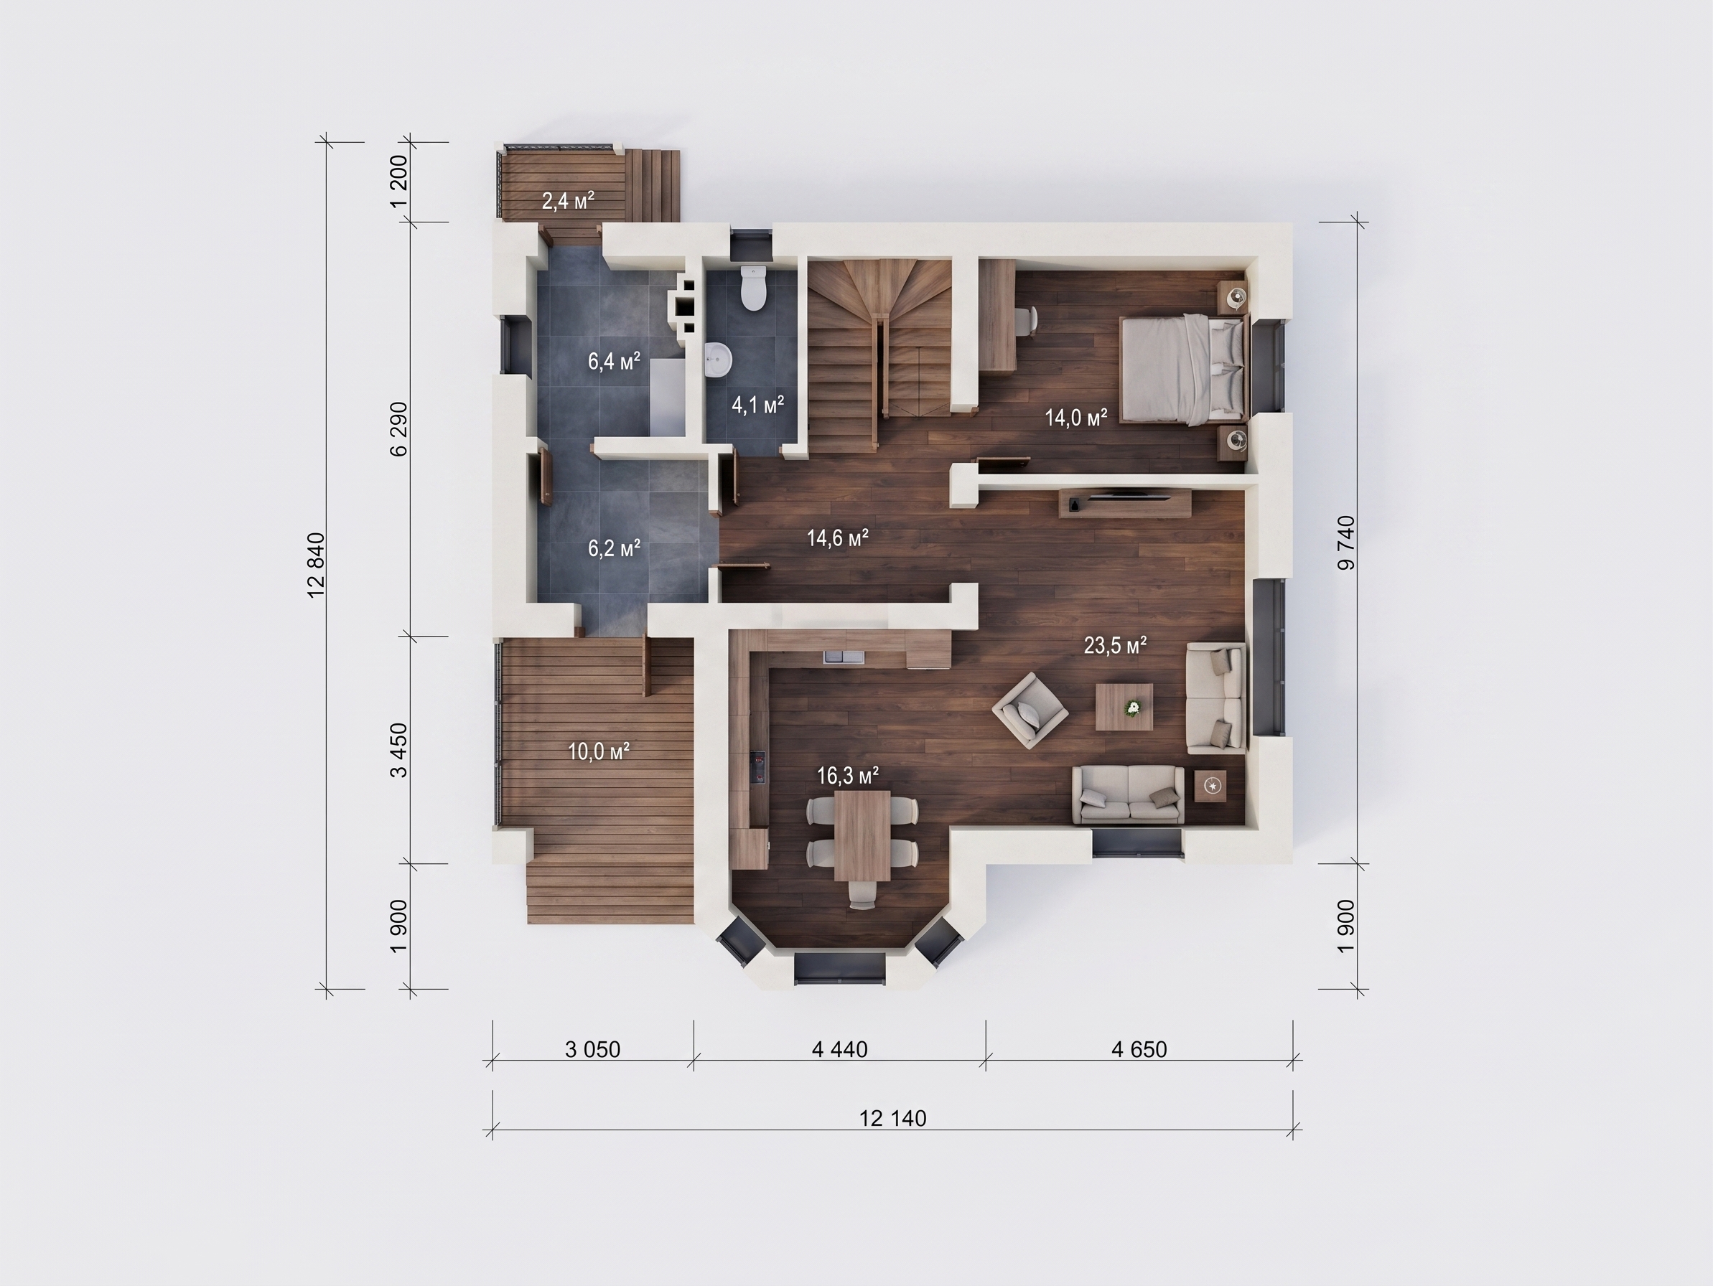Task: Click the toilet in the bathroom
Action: pyautogui.click(x=752, y=288)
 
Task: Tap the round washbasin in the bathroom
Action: pyautogui.click(x=718, y=361)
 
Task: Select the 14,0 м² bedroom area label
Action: pyautogui.click(x=1075, y=418)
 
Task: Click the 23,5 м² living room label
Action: pyautogui.click(x=1115, y=646)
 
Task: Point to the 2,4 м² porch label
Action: pyautogui.click(x=568, y=202)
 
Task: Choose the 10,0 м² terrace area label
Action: pyautogui.click(x=599, y=751)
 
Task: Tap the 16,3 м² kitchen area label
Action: pyautogui.click(x=848, y=775)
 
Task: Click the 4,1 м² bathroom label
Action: pyautogui.click(x=758, y=404)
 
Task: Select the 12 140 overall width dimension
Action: pyautogui.click(x=893, y=1118)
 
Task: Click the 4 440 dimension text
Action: pyautogui.click(x=839, y=1049)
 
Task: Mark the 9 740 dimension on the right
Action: pyautogui.click(x=1347, y=543)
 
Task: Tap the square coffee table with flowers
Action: pyautogui.click(x=1124, y=706)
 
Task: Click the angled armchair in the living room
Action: pyautogui.click(x=1031, y=710)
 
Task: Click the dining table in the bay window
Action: pyautogui.click(x=862, y=835)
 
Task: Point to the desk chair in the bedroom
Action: pyautogui.click(x=1026, y=321)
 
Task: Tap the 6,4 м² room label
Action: pyautogui.click(x=614, y=361)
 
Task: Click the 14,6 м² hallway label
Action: pyautogui.click(x=838, y=538)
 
